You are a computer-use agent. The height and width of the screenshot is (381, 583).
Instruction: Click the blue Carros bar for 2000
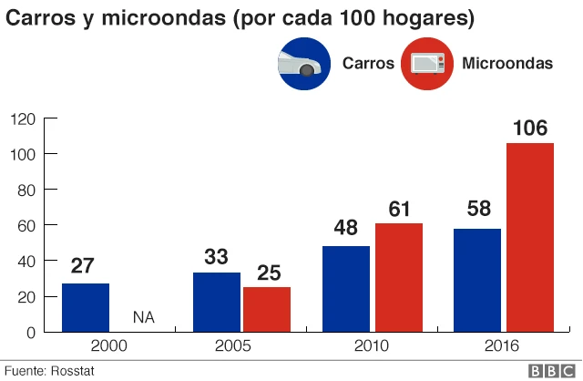pyautogui.click(x=86, y=308)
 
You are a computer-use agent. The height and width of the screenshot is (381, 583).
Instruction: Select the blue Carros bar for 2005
pyautogui.click(x=217, y=303)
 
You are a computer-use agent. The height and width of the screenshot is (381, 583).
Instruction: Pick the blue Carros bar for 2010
pyautogui.click(x=346, y=289)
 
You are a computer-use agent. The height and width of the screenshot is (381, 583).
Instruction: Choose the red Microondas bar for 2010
pyautogui.click(x=399, y=278)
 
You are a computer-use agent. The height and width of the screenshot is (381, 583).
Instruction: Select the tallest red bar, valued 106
pyautogui.click(x=530, y=238)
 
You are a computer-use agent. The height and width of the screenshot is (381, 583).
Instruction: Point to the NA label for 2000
pyautogui.click(x=144, y=317)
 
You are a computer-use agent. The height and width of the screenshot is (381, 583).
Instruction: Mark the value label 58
pyautogui.click(x=478, y=209)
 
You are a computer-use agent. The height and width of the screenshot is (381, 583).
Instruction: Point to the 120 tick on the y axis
pyautogui.click(x=22, y=118)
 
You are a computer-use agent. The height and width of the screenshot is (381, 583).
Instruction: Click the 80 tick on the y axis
pyautogui.click(x=26, y=190)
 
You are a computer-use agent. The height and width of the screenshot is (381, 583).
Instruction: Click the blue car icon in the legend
pyautogui.click(x=303, y=63)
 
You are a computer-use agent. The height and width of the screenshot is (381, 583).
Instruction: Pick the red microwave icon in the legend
pyautogui.click(x=427, y=63)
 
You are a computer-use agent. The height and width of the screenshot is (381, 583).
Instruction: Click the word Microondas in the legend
pyautogui.click(x=507, y=63)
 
